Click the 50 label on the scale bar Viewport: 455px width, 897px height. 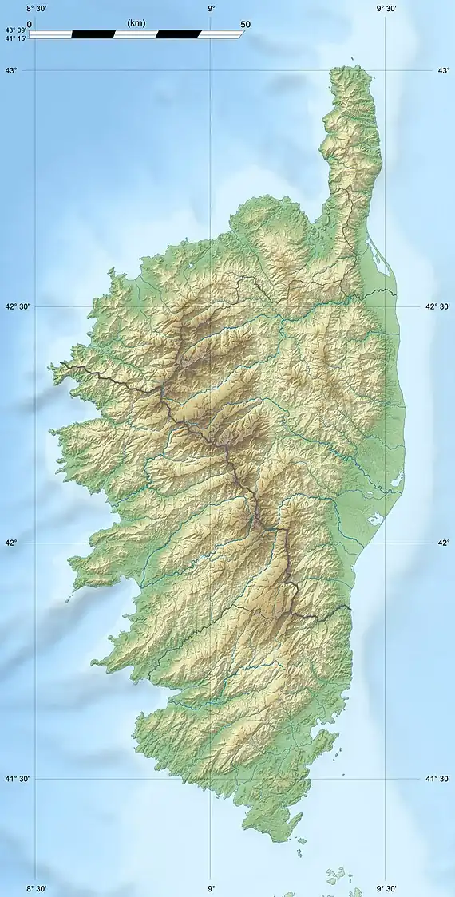(245, 24)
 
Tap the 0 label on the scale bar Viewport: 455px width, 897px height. (30, 24)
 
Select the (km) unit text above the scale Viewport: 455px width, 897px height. (136, 24)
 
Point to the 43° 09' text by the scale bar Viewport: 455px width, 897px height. (14, 30)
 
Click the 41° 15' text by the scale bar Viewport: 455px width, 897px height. (14, 38)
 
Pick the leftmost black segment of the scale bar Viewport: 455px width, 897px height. (93, 34)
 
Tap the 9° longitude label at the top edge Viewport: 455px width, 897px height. (211, 8)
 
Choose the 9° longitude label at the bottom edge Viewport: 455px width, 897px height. (211, 888)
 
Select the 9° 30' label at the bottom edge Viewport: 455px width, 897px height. (386, 888)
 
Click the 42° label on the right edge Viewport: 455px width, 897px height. (443, 543)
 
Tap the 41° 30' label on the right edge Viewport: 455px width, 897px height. (437, 779)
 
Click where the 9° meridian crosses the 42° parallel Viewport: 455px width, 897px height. (211, 543)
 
